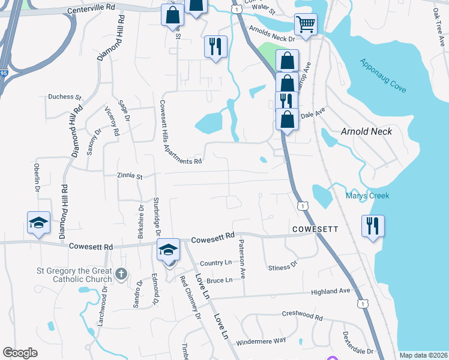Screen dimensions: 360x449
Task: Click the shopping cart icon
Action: [306, 25]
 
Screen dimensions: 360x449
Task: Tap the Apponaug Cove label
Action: [383, 76]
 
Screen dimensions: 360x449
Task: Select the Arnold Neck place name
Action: [366, 131]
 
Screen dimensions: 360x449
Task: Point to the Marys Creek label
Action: [367, 196]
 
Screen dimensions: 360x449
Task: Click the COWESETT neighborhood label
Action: [316, 229]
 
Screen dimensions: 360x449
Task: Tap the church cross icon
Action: [121, 274]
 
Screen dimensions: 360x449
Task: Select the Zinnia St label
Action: [129, 176]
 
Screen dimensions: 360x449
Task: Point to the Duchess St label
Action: [64, 97]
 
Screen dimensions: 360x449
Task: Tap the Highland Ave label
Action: [330, 291]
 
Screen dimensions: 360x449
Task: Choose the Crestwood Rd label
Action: [302, 314]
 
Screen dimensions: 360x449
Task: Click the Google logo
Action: [20, 353]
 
